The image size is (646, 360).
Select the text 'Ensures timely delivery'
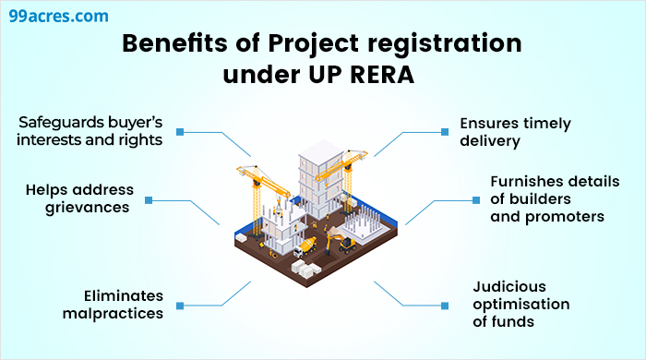pyautogui.click(x=516, y=132)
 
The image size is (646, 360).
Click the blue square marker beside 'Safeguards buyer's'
pyautogui.click(x=181, y=132)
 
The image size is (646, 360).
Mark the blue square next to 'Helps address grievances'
pyautogui.click(x=148, y=199)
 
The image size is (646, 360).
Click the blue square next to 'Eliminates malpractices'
pyautogui.click(x=181, y=304)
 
